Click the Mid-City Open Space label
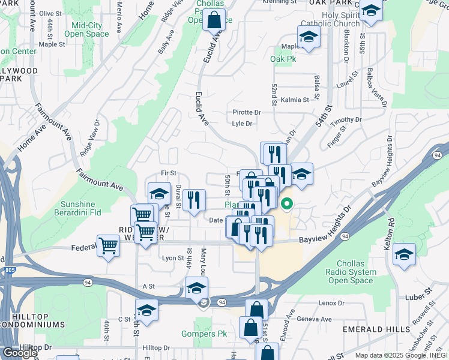tap(90, 29)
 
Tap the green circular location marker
tap(287, 205)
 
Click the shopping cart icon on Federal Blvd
tap(108, 245)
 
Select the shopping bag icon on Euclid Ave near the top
tap(214, 19)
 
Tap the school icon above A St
tap(196, 288)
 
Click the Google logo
tap(20, 352)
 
